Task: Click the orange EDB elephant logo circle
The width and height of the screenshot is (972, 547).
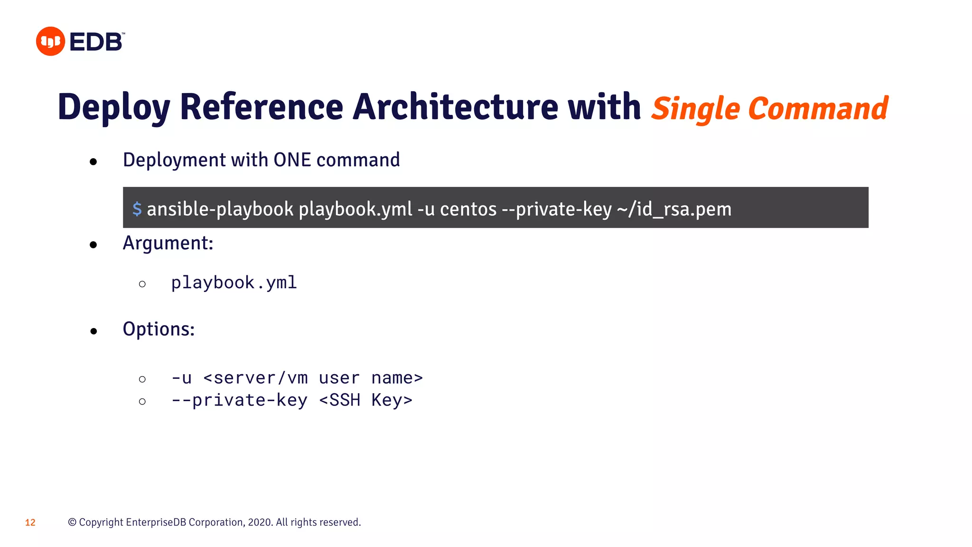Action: (50, 41)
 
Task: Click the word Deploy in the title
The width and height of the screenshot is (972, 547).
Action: (114, 108)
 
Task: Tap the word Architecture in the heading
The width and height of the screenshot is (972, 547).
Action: (455, 107)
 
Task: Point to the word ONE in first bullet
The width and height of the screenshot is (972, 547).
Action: (292, 160)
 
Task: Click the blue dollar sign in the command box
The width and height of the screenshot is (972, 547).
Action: (137, 209)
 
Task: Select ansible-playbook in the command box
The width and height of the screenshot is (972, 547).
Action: (220, 209)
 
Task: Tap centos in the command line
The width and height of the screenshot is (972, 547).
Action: (468, 209)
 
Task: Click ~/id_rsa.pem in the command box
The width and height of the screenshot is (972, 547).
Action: (674, 209)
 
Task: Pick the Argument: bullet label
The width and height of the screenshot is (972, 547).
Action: (168, 243)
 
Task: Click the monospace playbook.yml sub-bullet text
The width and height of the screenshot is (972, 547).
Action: (234, 283)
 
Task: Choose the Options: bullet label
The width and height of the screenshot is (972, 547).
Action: (159, 329)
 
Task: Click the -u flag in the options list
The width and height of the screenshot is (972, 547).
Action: (182, 378)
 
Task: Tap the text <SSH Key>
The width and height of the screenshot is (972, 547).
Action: (365, 400)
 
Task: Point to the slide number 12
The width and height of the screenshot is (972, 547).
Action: (30, 523)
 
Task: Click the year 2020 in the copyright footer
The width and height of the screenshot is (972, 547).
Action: (260, 522)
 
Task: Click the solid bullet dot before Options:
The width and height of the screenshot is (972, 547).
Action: (93, 331)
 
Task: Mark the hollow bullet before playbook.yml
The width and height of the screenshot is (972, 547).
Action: (142, 284)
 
